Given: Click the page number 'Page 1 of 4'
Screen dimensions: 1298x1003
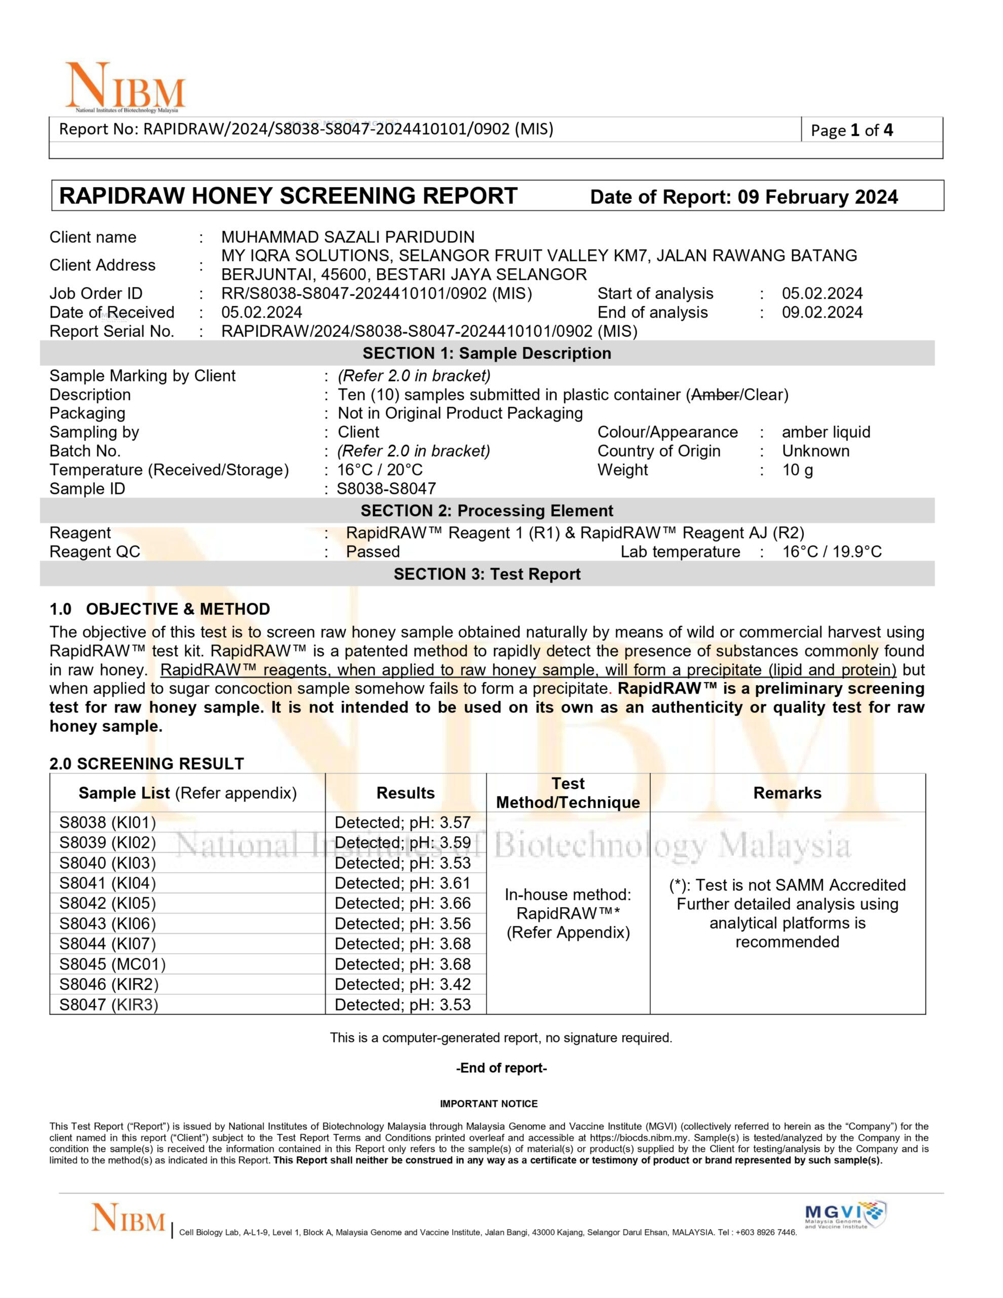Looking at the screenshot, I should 851,131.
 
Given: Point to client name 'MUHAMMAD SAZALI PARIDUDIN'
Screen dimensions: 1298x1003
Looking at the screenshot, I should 348,237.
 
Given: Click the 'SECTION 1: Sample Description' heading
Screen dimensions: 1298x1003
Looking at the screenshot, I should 487,353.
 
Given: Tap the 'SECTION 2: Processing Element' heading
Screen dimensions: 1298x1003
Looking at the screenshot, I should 487,511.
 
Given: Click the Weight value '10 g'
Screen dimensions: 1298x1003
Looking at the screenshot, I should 797,470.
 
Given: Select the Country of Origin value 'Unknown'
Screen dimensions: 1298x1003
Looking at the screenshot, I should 815,451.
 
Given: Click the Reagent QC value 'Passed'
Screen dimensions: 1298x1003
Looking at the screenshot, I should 373,552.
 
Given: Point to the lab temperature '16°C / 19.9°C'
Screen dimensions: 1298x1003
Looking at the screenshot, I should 831,552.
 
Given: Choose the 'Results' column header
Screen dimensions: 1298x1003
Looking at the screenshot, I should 405,793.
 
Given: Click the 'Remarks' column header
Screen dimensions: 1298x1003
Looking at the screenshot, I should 787,793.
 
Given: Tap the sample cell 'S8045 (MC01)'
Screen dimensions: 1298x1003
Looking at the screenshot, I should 113,964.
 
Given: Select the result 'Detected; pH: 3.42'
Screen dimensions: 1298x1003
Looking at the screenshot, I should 402,984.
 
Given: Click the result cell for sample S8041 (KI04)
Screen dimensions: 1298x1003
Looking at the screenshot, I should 402,883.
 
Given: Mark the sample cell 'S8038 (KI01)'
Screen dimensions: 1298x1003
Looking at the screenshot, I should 107,822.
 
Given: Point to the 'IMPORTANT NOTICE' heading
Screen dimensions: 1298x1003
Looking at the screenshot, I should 489,1104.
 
